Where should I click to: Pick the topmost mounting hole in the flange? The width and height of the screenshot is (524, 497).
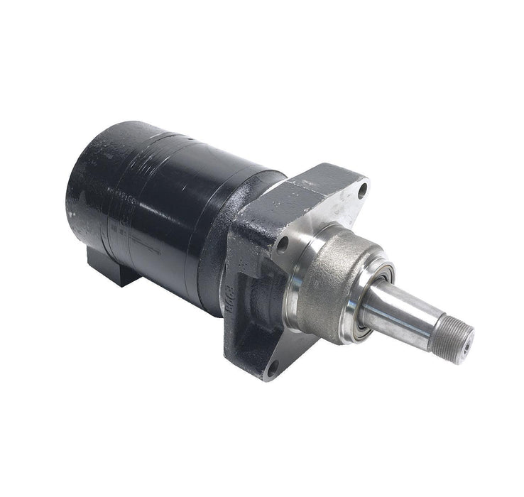click(x=363, y=190)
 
